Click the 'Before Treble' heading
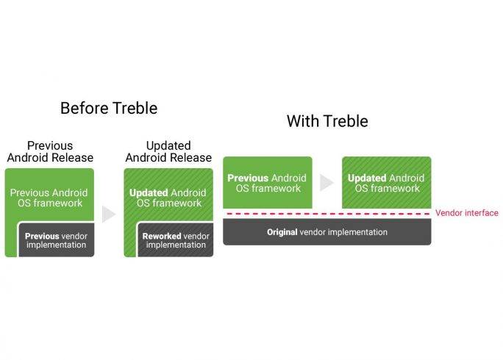(109, 108)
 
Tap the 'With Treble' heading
(327, 121)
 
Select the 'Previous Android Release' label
(50, 151)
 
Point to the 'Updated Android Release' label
(168, 151)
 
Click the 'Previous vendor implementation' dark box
(57, 240)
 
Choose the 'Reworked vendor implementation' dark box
(176, 240)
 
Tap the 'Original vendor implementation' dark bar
(327, 232)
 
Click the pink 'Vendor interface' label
(467, 213)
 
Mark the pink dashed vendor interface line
(328, 214)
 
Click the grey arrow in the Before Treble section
(108, 214)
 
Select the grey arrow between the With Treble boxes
(327, 182)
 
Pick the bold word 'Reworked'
(163, 237)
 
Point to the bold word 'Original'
(282, 232)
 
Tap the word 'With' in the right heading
(303, 121)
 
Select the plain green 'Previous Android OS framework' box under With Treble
(268, 182)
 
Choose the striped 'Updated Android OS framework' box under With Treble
(387, 182)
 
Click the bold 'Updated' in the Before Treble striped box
(149, 193)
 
